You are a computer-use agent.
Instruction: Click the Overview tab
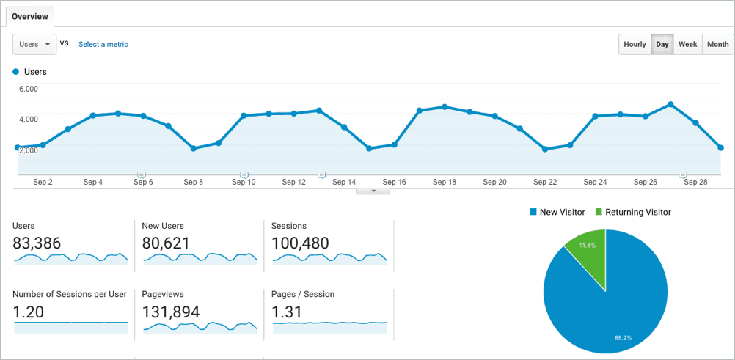click(30, 16)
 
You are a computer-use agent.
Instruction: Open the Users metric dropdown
click(35, 44)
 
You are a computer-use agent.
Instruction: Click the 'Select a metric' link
click(103, 44)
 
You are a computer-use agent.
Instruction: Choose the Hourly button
click(635, 44)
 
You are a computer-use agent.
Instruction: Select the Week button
click(687, 44)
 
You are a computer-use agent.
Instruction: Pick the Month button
click(717, 44)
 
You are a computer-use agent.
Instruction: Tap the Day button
click(662, 44)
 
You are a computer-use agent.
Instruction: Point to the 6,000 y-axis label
click(28, 89)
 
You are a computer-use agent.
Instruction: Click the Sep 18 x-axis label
click(445, 182)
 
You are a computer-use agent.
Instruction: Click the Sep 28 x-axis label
click(695, 182)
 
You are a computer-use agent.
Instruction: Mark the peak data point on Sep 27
click(670, 104)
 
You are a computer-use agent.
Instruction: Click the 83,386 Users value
click(37, 243)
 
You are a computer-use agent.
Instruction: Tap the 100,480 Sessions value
click(300, 243)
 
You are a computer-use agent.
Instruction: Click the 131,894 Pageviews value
click(171, 312)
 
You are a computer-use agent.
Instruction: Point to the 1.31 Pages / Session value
click(286, 312)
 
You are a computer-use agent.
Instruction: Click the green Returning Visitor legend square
click(599, 213)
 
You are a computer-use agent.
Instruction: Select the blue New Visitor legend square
click(533, 213)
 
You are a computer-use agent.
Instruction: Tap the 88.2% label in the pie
click(622, 338)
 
